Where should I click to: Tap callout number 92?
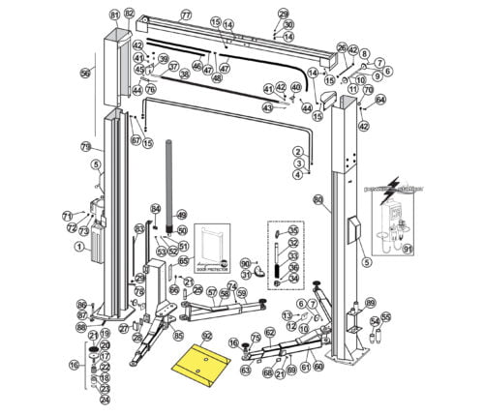click(x=205, y=336)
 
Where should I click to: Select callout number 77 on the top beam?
click(x=186, y=15)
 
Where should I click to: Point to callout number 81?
click(x=115, y=15)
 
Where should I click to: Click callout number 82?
click(x=130, y=15)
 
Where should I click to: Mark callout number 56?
click(x=85, y=74)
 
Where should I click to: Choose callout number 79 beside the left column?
click(x=85, y=146)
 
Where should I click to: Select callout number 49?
click(x=181, y=215)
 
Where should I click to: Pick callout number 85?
click(x=178, y=336)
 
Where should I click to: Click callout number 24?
click(x=105, y=399)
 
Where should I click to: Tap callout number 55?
click(x=385, y=316)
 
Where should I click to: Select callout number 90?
click(x=245, y=263)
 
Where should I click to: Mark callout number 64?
click(x=380, y=100)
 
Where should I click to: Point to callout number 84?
click(x=155, y=209)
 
